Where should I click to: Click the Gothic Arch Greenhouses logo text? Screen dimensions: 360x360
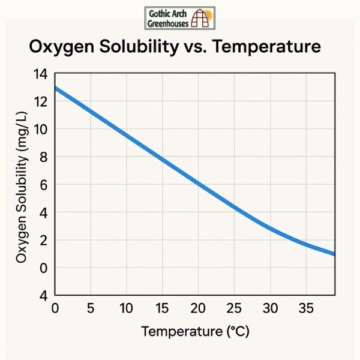pos(167,18)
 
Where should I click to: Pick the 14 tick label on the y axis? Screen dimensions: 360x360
pos(40,74)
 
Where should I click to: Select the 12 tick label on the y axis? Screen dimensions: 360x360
pos(40,102)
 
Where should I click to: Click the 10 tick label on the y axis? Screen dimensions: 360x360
pos(40,130)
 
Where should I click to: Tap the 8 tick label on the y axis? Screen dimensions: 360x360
pos(43,157)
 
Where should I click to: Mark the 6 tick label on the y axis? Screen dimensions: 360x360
pos(43,185)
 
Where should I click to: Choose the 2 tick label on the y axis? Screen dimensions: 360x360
pos(43,240)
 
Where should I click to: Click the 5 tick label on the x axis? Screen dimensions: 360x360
pos(91,309)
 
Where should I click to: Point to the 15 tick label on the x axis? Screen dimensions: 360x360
pos(162,309)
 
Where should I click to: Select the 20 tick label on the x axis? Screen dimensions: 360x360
pos(198,309)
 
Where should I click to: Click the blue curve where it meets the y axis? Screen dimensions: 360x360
pos(56,89)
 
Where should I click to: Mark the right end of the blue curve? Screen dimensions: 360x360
pos(333,254)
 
